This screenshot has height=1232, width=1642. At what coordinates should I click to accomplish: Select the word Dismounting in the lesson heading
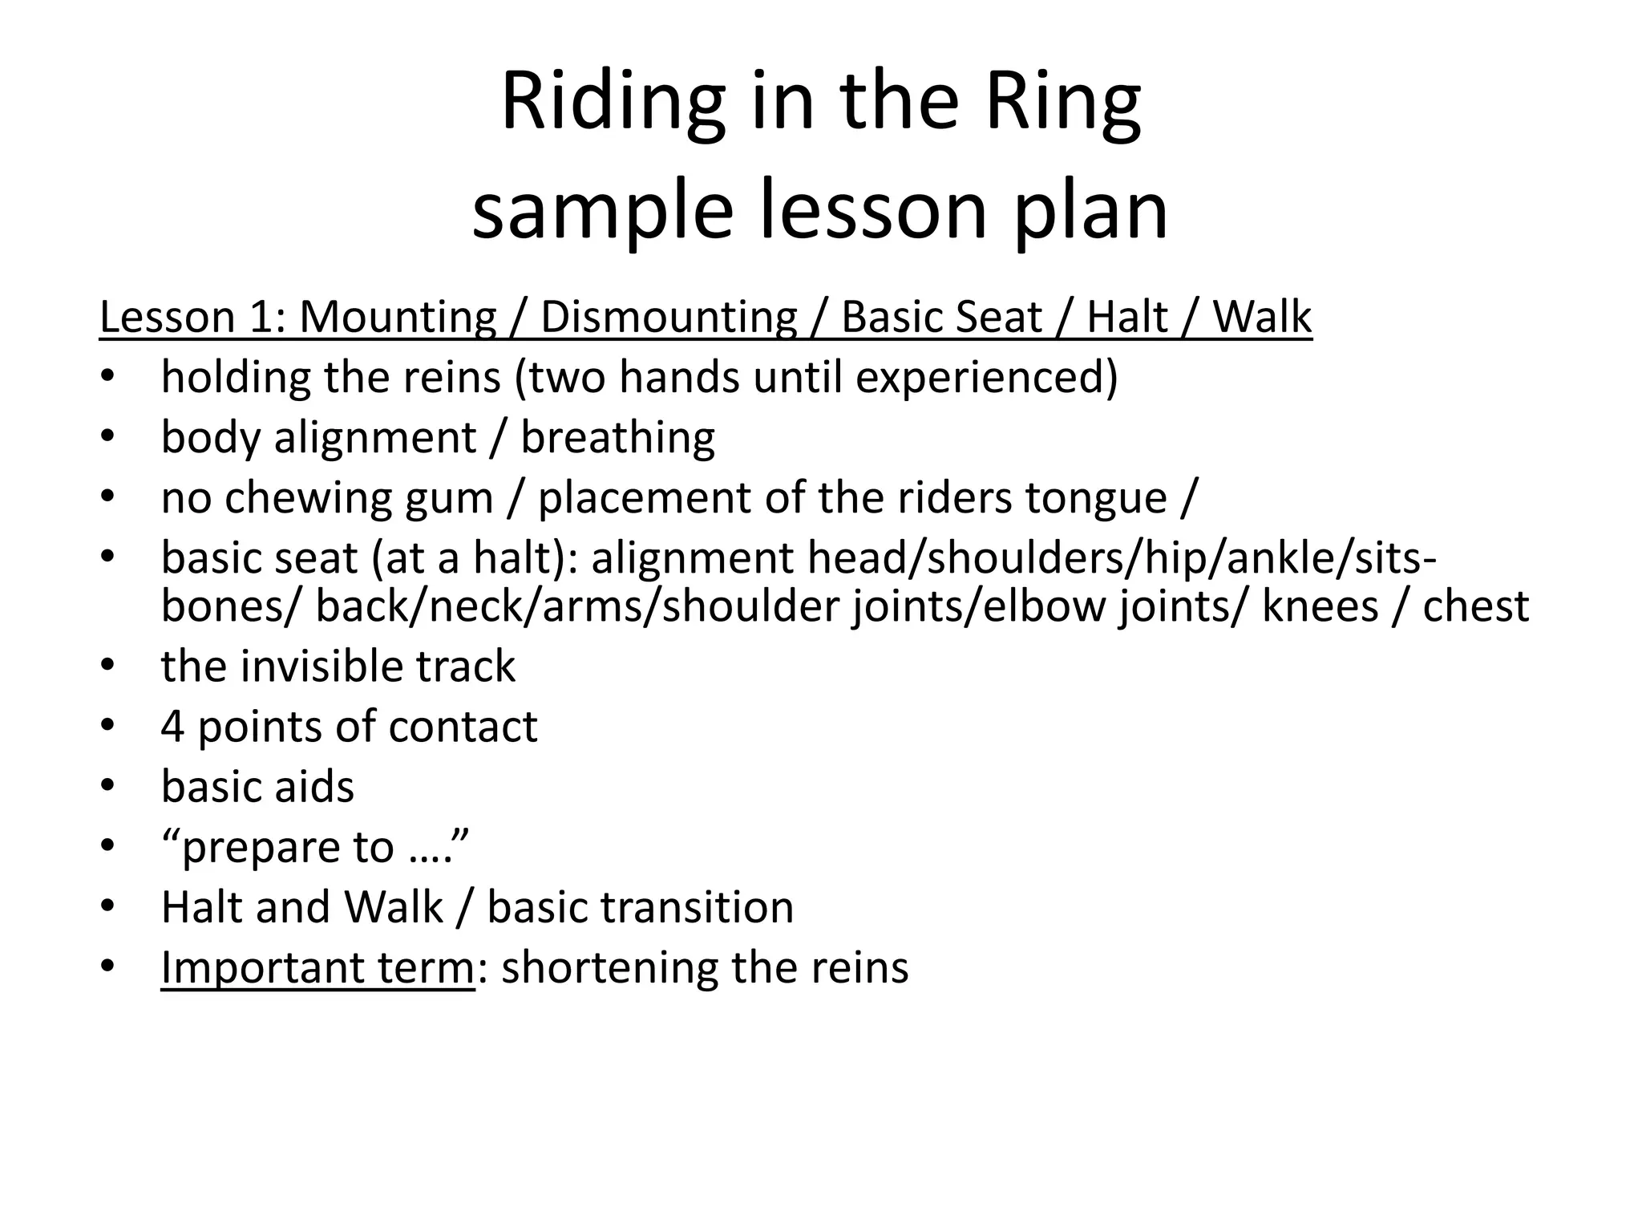click(x=669, y=317)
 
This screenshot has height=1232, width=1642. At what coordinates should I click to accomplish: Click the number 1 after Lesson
click(x=262, y=317)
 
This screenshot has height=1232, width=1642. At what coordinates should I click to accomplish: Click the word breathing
click(x=617, y=438)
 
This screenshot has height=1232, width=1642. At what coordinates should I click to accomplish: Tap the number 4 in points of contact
click(x=172, y=727)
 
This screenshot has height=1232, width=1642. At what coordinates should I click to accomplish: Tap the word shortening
click(x=610, y=967)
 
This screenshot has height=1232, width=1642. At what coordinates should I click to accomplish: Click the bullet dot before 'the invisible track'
click(x=109, y=665)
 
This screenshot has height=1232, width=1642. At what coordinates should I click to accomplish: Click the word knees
click(x=1320, y=606)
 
